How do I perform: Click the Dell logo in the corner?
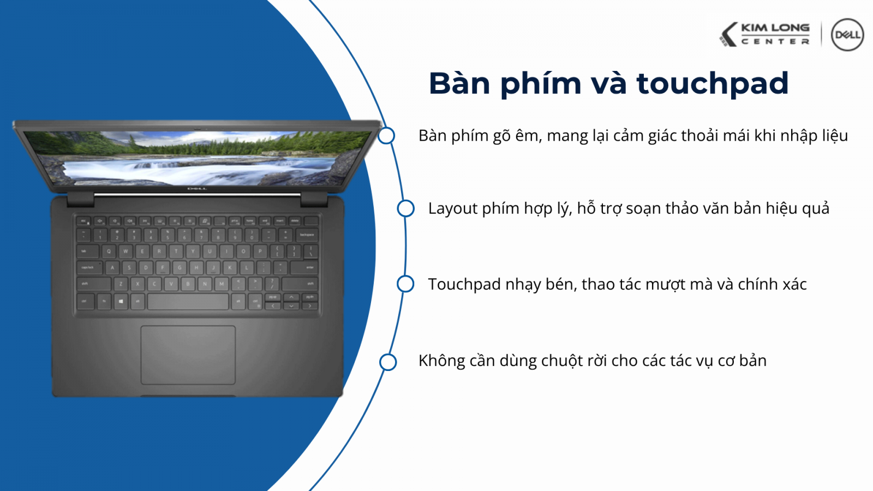click(x=847, y=35)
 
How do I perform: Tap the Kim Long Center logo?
click(x=765, y=34)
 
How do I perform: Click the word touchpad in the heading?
click(x=712, y=84)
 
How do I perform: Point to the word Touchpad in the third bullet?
click(x=464, y=284)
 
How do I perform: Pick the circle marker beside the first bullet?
click(x=386, y=135)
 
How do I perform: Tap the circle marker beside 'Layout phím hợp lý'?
click(x=405, y=208)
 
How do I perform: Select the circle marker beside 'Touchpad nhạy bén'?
click(x=405, y=284)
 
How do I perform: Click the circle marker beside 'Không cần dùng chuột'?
click(x=388, y=362)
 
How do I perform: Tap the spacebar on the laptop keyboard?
click(x=188, y=301)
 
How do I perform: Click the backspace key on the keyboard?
click(x=307, y=235)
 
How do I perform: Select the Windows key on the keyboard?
click(x=121, y=301)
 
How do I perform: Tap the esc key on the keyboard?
click(x=83, y=221)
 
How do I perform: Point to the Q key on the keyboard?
click(x=109, y=252)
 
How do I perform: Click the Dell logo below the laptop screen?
click(x=197, y=189)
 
